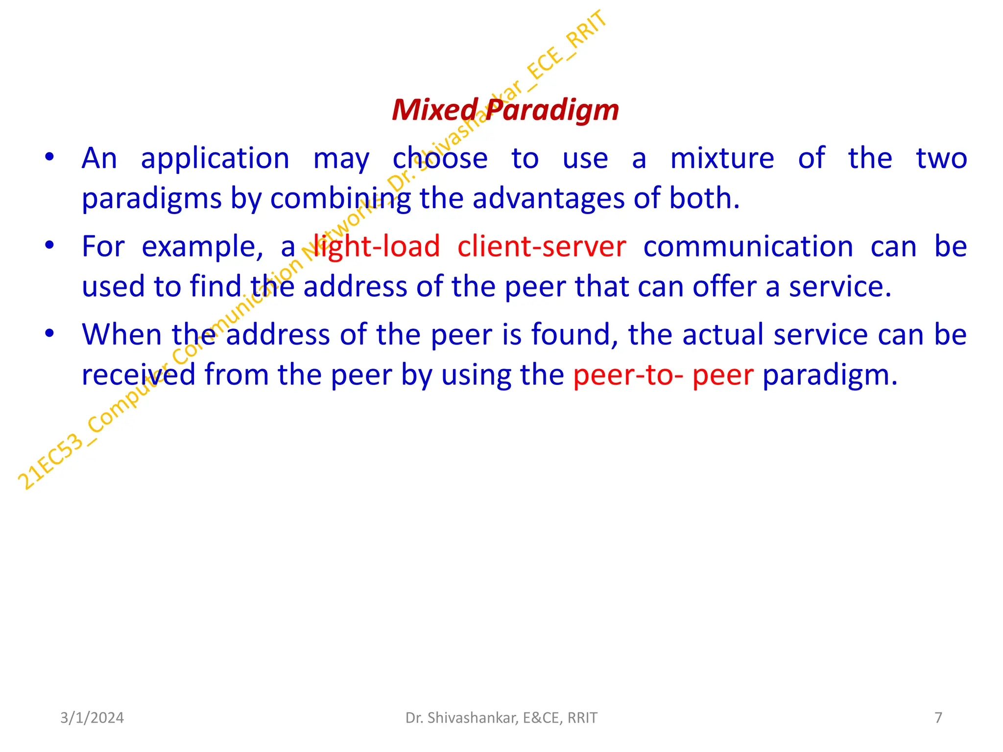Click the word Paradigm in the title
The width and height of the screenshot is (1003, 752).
pyautogui.click(x=552, y=111)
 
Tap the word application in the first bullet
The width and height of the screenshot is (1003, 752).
pyautogui.click(x=215, y=160)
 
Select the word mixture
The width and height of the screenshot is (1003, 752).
pyautogui.click(x=722, y=159)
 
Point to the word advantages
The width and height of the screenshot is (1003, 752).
pyautogui.click(x=549, y=199)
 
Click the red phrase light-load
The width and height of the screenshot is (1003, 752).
pyautogui.click(x=376, y=246)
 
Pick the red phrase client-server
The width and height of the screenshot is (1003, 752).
pyautogui.click(x=542, y=246)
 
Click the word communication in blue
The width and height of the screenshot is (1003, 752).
pyautogui.click(x=748, y=246)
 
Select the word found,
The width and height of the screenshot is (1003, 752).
pyautogui.click(x=575, y=335)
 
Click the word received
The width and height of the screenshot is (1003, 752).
pyautogui.click(x=139, y=375)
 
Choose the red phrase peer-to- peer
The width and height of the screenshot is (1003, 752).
pyautogui.click(x=663, y=375)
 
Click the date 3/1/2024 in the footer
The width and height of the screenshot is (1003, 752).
pyautogui.click(x=92, y=718)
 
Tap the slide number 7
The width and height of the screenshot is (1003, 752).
pyautogui.click(x=938, y=718)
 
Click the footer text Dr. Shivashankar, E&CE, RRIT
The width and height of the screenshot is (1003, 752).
pyautogui.click(x=501, y=718)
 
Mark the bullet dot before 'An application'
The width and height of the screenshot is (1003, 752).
pyautogui.click(x=49, y=158)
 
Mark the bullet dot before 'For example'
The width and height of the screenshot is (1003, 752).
pyautogui.click(x=49, y=245)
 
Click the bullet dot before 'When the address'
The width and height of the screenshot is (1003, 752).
pyautogui.click(x=49, y=334)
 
